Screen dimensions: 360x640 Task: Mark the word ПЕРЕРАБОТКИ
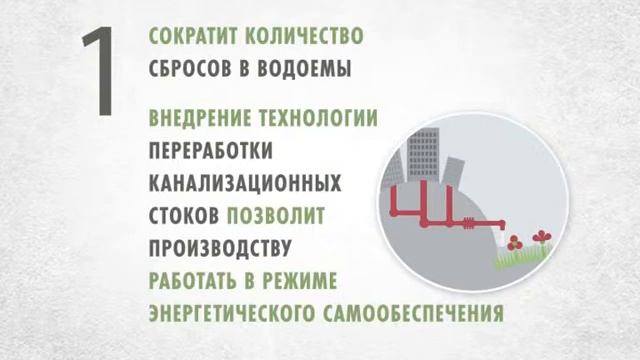[210, 152]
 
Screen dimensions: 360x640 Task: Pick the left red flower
[514, 243]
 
